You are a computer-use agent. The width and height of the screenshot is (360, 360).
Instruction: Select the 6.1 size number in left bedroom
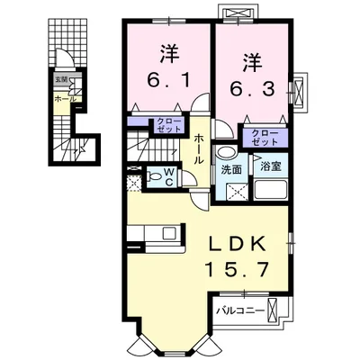(167, 79)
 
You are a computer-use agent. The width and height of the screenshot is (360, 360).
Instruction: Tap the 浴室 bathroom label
(268, 166)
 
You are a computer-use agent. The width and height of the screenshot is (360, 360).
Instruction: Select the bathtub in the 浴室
(268, 191)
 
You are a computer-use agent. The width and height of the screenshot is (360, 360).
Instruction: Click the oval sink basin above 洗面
(229, 152)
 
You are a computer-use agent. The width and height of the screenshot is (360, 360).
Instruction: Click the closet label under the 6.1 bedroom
(172, 124)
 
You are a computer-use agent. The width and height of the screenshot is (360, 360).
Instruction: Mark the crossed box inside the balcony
(283, 312)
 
